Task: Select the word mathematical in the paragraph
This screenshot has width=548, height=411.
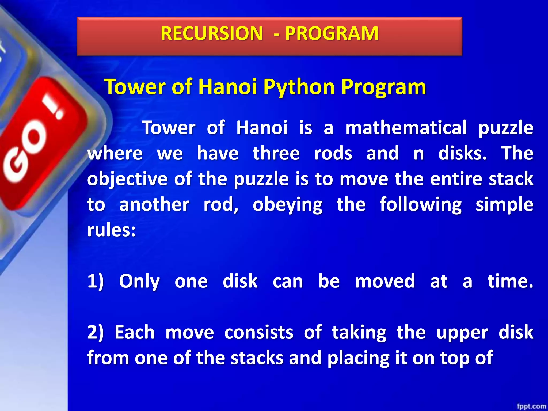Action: point(406,128)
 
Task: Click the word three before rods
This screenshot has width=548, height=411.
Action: point(276,153)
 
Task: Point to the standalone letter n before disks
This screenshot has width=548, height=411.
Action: point(418,154)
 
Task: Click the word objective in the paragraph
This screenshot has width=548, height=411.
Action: point(127,179)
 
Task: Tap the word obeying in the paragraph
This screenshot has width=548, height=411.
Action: point(288,205)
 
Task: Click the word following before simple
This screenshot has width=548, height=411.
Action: point(421,205)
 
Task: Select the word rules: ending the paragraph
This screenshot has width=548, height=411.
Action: point(112,230)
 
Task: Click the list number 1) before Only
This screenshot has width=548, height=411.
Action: point(96,281)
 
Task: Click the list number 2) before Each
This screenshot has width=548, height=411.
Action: point(96,333)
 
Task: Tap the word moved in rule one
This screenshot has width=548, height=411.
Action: point(385,281)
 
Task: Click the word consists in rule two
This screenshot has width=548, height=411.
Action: point(259,333)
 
